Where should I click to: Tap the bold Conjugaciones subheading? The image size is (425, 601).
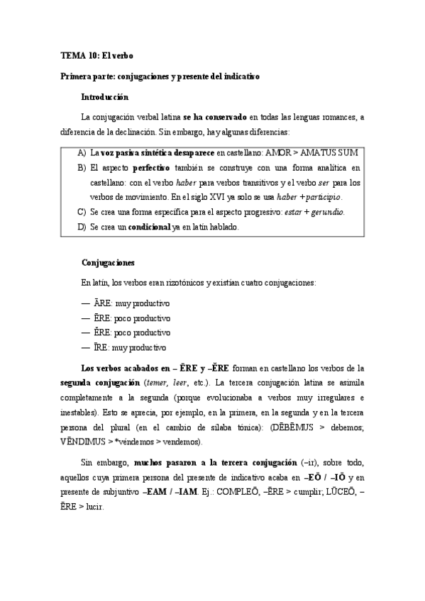108,262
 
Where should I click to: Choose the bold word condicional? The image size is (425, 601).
147,227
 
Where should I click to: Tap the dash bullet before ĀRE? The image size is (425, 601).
86,303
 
